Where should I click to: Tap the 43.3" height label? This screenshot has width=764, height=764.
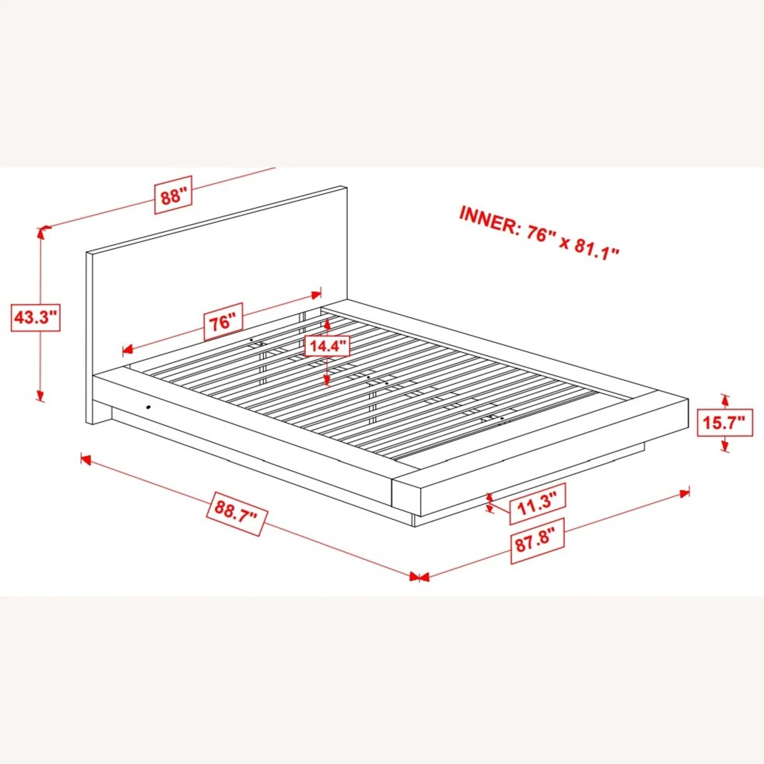(x=36, y=317)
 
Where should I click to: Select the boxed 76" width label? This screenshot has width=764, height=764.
(x=223, y=322)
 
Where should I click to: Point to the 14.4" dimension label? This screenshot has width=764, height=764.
(x=327, y=346)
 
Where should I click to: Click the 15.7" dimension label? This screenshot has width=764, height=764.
(x=725, y=422)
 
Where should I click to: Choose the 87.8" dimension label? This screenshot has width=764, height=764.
(x=538, y=541)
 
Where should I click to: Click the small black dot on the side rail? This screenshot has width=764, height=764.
(x=148, y=407)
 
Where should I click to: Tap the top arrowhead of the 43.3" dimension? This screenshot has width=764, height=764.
(x=41, y=232)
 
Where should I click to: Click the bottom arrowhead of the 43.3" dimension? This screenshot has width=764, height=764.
(x=40, y=396)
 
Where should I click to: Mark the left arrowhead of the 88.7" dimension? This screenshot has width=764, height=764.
(x=86, y=460)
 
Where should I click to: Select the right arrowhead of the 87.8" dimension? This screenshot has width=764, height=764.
(x=684, y=493)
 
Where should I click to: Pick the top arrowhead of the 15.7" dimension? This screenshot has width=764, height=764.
(x=725, y=400)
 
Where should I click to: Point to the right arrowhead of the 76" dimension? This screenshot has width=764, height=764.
(x=316, y=294)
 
